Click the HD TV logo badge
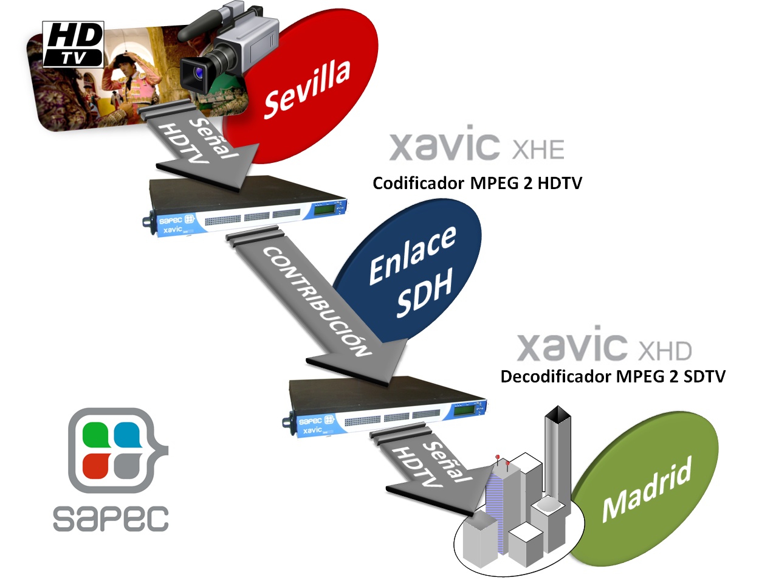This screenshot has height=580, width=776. (74, 44)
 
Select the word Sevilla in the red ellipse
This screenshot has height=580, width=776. (307, 88)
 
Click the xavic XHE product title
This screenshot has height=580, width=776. (476, 145)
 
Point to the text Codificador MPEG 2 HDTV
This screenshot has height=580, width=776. (477, 183)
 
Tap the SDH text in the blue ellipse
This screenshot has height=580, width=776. (425, 293)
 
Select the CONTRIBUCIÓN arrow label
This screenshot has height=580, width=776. (317, 301)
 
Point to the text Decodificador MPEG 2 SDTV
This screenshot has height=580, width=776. (613, 377)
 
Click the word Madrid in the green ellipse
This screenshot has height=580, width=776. (647, 489)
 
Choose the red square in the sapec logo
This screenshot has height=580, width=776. (95, 466)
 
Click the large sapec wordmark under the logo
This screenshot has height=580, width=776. (111, 519)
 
